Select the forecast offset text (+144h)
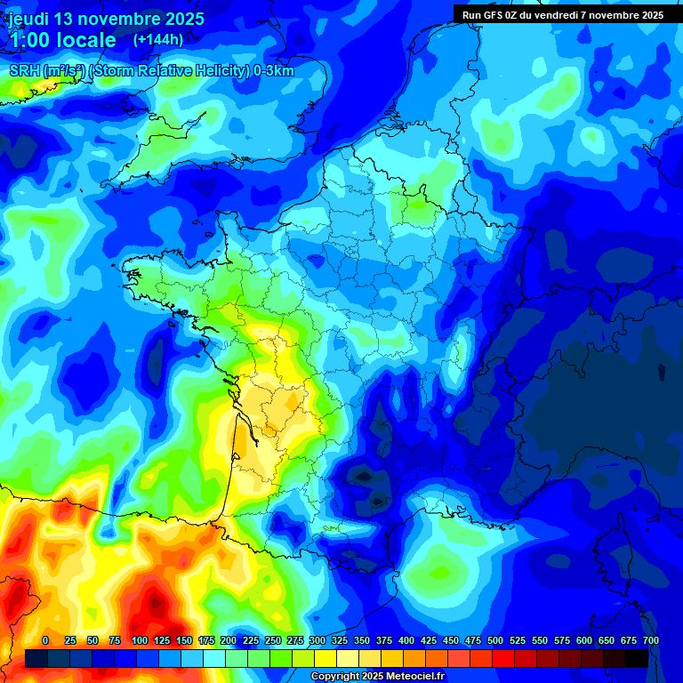coord(158,39)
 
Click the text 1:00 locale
coord(62,40)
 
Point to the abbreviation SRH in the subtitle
coord(24,71)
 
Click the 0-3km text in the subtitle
coord(274,71)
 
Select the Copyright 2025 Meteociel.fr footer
coord(377,677)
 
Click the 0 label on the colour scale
coord(45,640)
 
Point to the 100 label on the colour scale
coord(139,640)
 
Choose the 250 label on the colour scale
coord(272,640)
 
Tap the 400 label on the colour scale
coord(406,640)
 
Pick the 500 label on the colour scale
coord(495,640)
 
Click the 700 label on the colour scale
coord(651,640)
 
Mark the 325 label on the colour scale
coord(340,640)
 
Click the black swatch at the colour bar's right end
coord(637,658)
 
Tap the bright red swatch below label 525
coord(503,658)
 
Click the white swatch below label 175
coord(214,658)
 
